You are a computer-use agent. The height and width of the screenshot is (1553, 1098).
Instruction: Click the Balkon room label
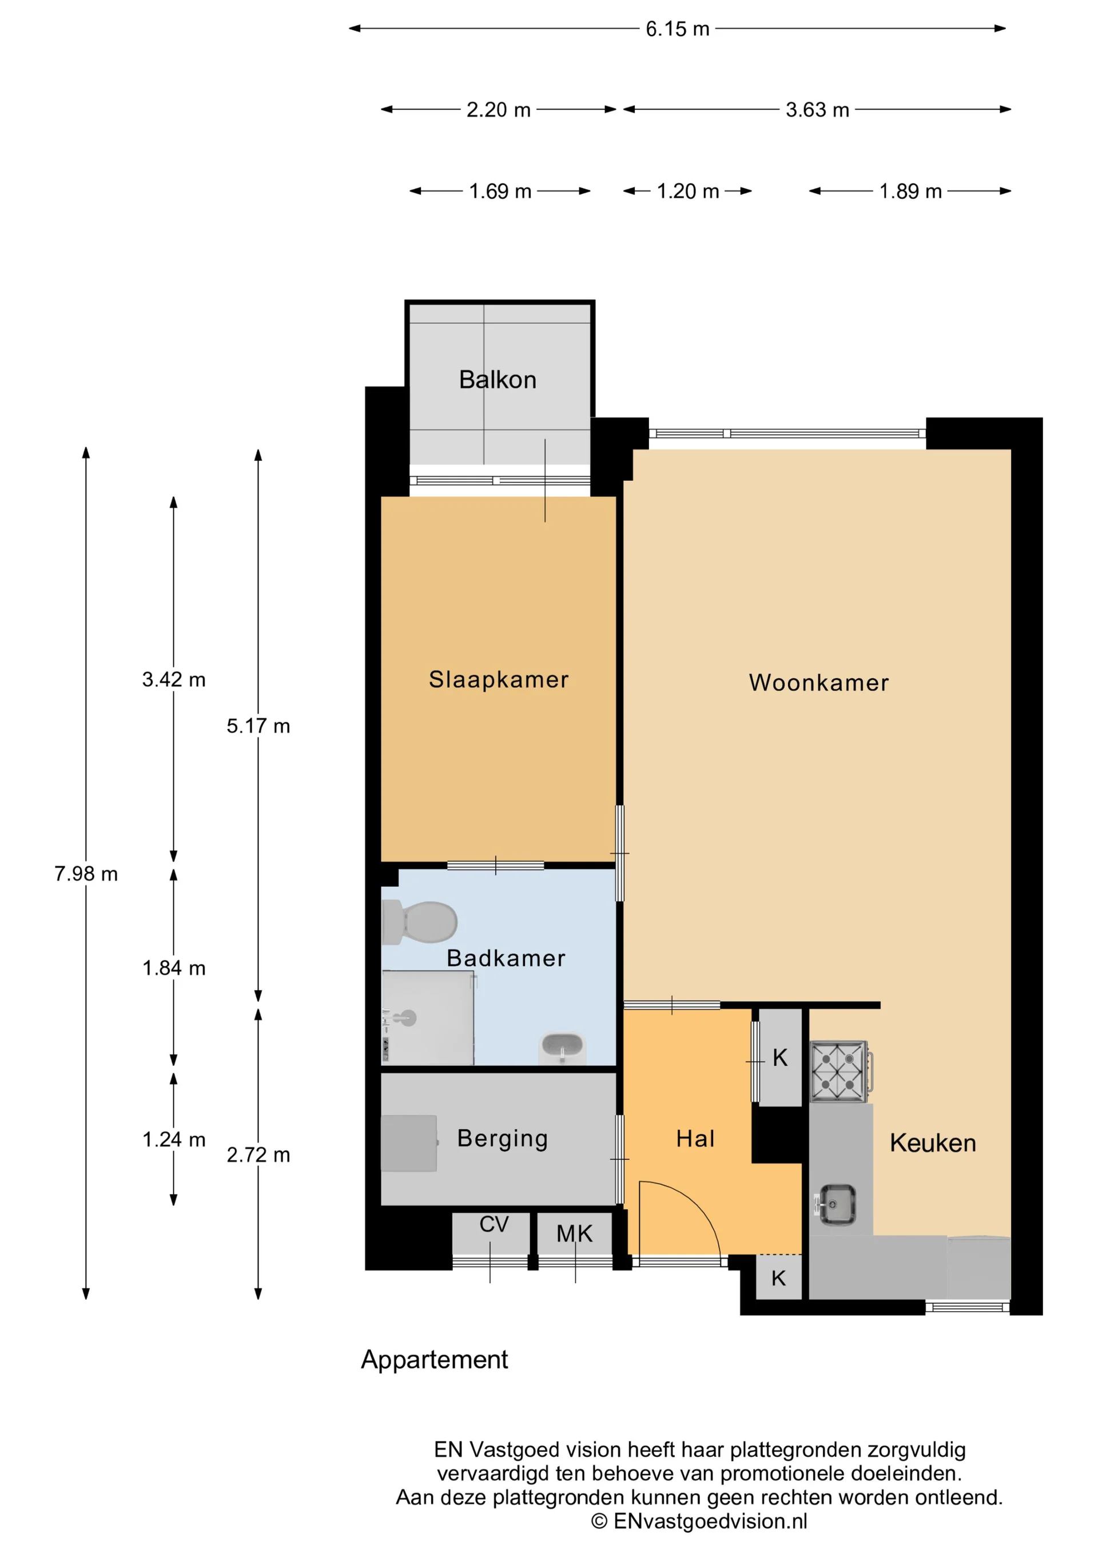point(498,380)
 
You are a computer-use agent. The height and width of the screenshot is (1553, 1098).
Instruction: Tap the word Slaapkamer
point(499,679)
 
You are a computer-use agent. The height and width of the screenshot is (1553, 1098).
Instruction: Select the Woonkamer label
point(818,683)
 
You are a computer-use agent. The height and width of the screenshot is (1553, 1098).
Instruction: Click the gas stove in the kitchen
point(840,1072)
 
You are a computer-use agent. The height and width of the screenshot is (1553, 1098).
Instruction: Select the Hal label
point(695,1139)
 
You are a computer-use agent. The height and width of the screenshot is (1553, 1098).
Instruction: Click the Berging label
point(502,1138)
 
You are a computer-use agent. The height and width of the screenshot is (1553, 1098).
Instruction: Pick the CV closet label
point(494,1224)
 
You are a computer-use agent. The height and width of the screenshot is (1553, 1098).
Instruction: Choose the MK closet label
point(574,1234)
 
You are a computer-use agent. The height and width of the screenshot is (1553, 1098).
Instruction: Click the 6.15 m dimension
point(677,29)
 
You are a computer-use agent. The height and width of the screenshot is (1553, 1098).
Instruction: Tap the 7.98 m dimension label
point(86,874)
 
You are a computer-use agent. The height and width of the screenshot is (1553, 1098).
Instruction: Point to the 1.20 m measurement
point(687,192)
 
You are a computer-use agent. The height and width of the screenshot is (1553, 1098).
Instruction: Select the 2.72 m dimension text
point(258,1154)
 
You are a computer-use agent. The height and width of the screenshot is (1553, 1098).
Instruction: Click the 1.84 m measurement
point(173,968)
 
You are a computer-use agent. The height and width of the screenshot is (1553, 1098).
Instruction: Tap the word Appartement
point(434,1360)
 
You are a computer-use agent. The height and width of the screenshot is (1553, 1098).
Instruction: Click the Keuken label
point(932,1143)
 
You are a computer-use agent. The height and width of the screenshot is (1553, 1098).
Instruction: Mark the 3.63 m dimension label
point(817,110)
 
